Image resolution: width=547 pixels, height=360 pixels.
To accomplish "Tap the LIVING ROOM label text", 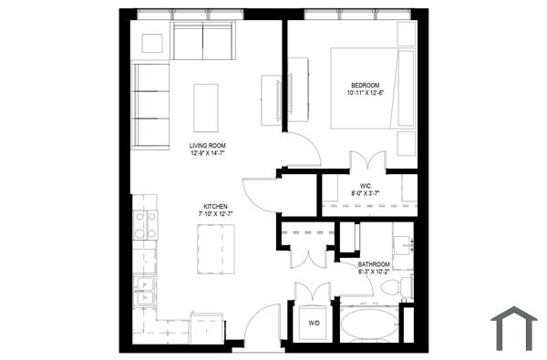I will point(208,146).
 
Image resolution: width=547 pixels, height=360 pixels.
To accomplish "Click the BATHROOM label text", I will point(373,264).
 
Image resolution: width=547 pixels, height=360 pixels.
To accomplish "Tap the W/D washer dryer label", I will point(314,323).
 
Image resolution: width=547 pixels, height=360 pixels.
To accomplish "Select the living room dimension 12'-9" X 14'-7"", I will point(208,154).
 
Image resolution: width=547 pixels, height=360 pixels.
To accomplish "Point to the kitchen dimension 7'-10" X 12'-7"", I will point(216,214).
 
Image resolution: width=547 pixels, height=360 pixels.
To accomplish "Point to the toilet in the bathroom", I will point(391,289).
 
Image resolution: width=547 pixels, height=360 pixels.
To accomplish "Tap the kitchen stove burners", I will point(145,224).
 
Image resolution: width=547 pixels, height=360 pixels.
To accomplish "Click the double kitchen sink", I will point(144,292).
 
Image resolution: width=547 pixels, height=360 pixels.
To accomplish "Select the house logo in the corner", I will point(514,329).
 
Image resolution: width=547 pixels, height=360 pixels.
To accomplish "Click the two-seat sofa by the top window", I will point(202,41).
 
